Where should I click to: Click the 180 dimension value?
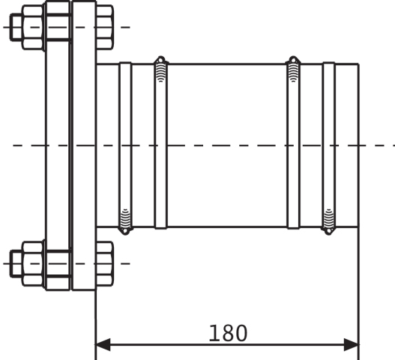[x=229, y=333]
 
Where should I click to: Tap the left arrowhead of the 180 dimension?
[x=103, y=344]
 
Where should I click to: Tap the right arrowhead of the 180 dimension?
[x=352, y=344]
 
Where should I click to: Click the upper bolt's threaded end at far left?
[x=16, y=27]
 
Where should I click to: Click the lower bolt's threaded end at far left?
[x=16, y=264]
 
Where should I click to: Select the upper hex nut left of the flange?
[x=33, y=27]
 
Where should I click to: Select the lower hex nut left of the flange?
[x=33, y=264]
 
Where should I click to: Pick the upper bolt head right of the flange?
[x=104, y=27]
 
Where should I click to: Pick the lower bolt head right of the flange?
[x=104, y=264]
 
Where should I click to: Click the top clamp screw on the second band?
[x=160, y=69]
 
